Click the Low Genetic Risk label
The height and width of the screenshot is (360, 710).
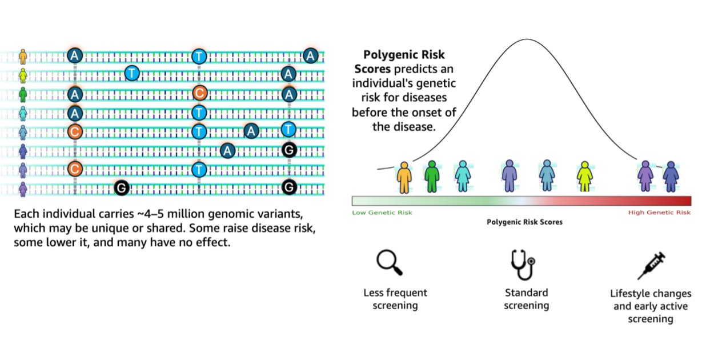pyautogui.click(x=382, y=213)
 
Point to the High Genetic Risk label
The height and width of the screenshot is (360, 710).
pyautogui.click(x=659, y=213)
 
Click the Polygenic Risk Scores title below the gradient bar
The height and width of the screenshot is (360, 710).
pyautogui.click(x=524, y=222)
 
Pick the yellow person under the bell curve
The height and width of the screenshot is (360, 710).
pyautogui.click(x=584, y=176)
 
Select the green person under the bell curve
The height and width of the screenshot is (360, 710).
pyautogui.click(x=432, y=176)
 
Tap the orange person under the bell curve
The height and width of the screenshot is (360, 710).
pyautogui.click(x=404, y=176)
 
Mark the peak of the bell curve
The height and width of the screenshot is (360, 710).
pyautogui.click(x=527, y=39)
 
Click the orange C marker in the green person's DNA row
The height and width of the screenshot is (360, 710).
pyautogui.click(x=199, y=93)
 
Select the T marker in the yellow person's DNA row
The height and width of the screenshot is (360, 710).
pyautogui.click(x=132, y=73)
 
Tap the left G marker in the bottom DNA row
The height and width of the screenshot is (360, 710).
pyautogui.click(x=121, y=187)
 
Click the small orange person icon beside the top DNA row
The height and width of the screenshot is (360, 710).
pyautogui.click(x=23, y=56)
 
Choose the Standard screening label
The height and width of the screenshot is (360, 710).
pyautogui.click(x=526, y=299)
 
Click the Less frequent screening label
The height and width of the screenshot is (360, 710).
pyautogui.click(x=395, y=299)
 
